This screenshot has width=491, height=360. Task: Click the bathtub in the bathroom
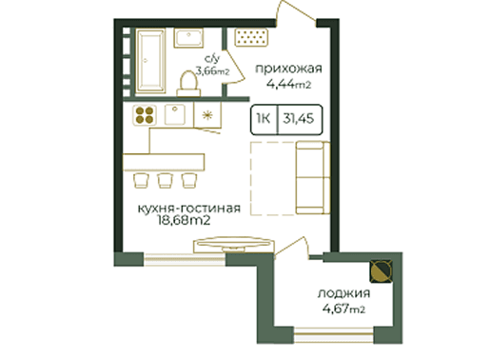[x=150, y=61]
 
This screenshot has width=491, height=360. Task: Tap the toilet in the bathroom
[x=188, y=84]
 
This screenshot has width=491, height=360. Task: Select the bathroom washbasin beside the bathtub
[x=188, y=38]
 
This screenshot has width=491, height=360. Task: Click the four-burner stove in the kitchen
[x=145, y=115]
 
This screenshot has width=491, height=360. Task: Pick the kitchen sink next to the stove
[x=174, y=114]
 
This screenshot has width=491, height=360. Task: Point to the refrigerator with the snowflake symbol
[x=207, y=115]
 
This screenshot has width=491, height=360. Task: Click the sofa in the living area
[x=313, y=177]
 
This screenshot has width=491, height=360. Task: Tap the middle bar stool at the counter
[x=166, y=180]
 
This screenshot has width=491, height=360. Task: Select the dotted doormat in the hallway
[x=251, y=38]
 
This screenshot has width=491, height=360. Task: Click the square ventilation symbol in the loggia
[x=382, y=271]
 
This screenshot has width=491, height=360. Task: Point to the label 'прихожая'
[x=288, y=69]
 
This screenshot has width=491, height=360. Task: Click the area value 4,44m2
[x=288, y=85]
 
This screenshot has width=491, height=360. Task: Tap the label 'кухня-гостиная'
[x=189, y=209]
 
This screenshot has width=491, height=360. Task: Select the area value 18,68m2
[x=184, y=220]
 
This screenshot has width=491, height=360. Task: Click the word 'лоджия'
[x=344, y=293]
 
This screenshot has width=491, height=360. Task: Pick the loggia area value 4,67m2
[x=344, y=309]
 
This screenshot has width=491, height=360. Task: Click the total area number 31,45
[x=299, y=119]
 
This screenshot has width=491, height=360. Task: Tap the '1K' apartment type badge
[x=264, y=119]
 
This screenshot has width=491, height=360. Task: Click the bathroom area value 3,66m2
[x=212, y=71]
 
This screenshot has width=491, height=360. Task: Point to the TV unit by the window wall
[x=234, y=245]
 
